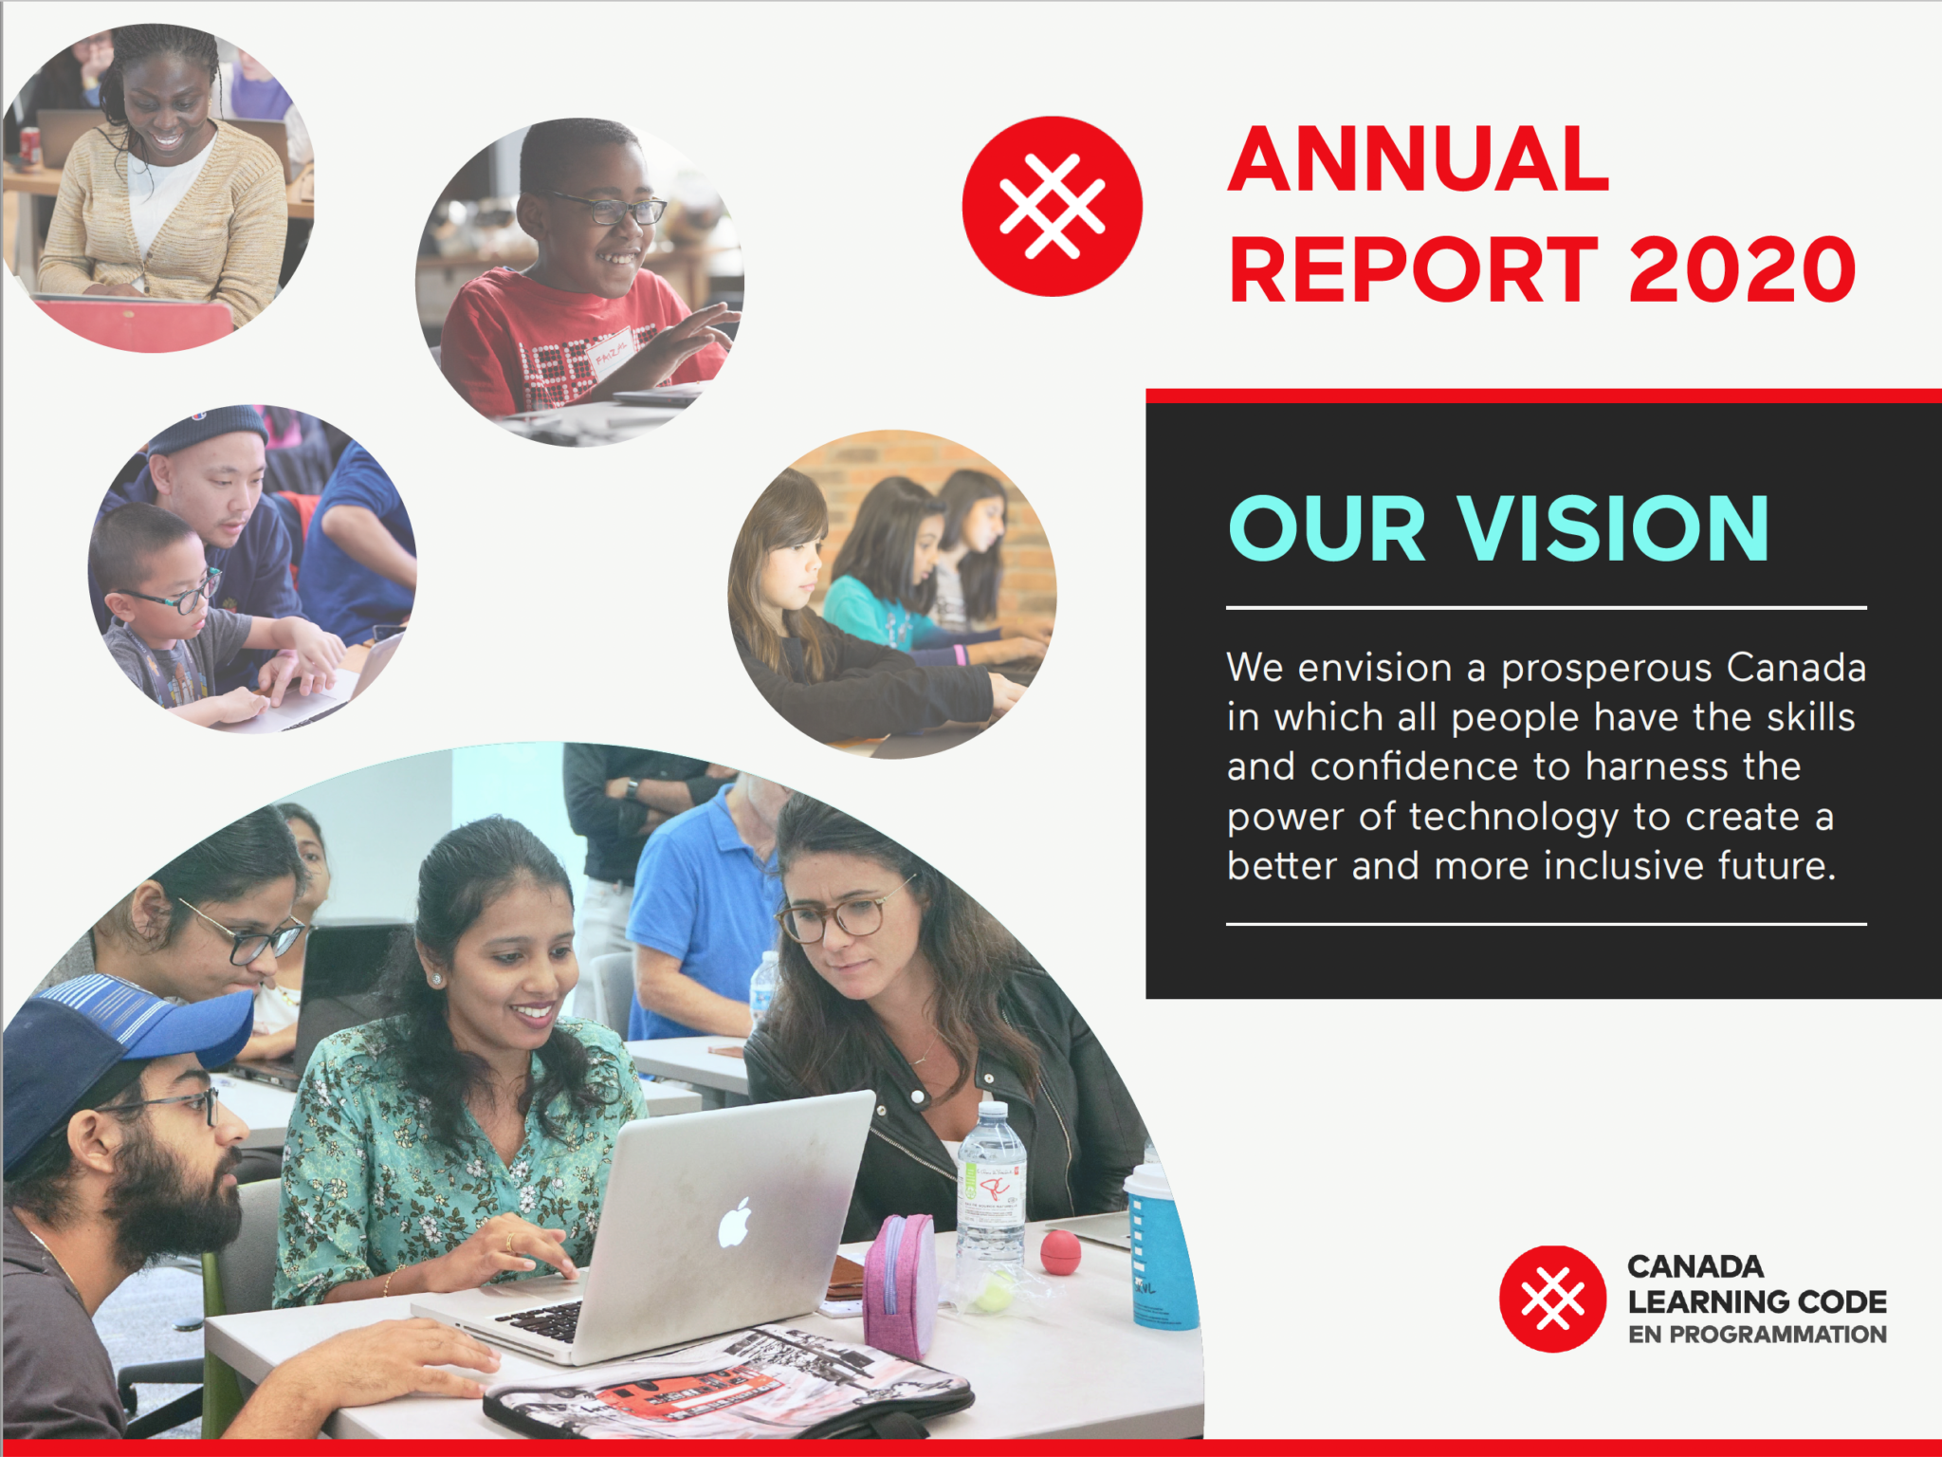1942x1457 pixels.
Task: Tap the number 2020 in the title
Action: click(1742, 270)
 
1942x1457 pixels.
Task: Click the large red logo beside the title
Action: click(1052, 206)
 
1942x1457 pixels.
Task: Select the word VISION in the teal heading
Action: click(1613, 528)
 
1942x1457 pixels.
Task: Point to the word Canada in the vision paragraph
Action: click(1796, 668)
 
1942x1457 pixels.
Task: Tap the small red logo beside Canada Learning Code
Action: click(1552, 1299)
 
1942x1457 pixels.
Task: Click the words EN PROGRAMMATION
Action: click(1757, 1335)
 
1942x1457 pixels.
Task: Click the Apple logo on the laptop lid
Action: click(735, 1223)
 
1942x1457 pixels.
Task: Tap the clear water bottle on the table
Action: click(991, 1186)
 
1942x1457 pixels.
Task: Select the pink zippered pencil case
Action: click(901, 1284)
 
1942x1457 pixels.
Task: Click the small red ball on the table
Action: click(1060, 1252)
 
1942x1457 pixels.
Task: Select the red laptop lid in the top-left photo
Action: click(133, 323)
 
